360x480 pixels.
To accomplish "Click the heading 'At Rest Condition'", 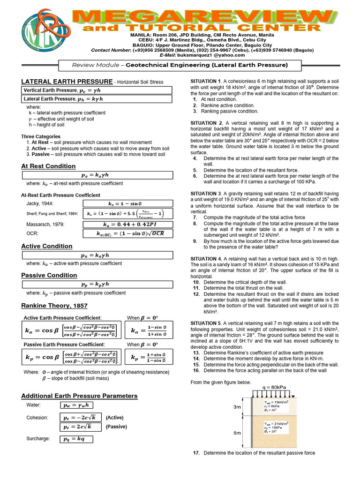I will tap(48, 166).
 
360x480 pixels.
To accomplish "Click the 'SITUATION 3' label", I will tap(206, 193).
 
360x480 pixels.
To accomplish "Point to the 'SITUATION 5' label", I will tap(206, 323).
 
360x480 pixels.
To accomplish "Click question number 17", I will tap(196, 453).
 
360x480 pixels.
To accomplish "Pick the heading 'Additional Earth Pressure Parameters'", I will tap(79, 396).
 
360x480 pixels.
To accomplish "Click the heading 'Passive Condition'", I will tap(49, 275).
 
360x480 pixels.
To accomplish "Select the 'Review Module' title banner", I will tap(180, 65).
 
